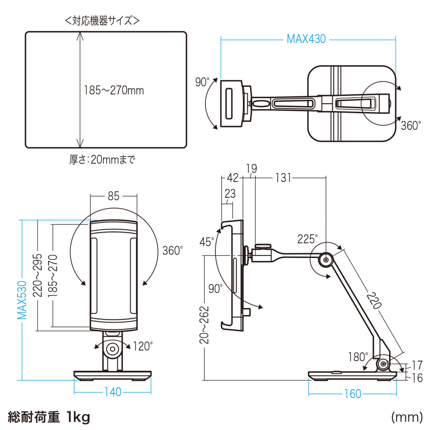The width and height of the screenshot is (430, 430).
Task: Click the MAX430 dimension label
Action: point(306,39)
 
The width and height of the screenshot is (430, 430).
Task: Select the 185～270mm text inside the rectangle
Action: point(114,91)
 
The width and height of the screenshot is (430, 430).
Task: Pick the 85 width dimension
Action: point(113,197)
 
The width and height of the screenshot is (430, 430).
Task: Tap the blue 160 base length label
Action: point(352,394)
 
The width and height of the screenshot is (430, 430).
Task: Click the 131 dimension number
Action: point(283,178)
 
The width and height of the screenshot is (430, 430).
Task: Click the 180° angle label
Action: point(358,357)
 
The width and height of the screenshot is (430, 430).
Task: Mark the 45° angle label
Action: point(206,242)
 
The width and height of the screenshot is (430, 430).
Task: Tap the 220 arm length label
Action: point(374,301)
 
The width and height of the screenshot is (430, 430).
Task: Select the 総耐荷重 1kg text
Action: point(48,416)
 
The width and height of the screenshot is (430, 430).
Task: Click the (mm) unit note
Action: point(405,417)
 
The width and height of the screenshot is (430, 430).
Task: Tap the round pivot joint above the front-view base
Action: point(113,348)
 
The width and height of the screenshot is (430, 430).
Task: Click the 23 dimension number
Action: point(230,194)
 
